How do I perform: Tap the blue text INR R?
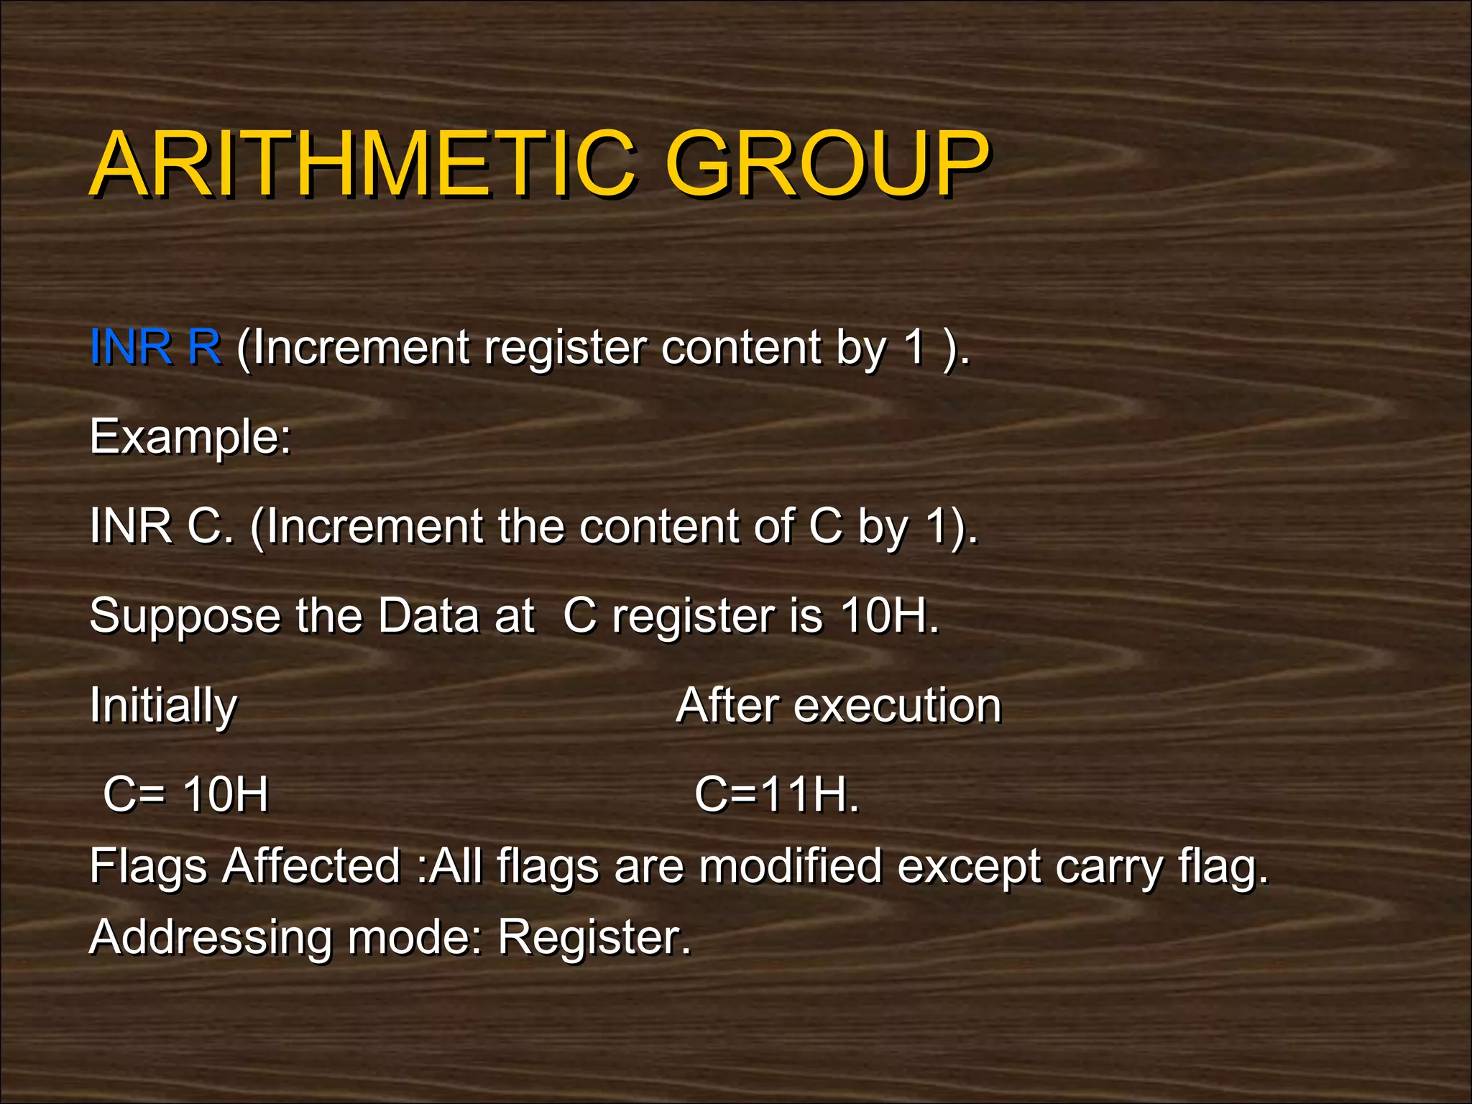pos(155,347)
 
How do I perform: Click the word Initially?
pos(163,707)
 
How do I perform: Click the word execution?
pos(897,706)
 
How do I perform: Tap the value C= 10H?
pos(185,795)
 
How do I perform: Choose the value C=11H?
pos(776,795)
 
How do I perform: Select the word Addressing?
pos(210,939)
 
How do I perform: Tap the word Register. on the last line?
pos(594,939)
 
